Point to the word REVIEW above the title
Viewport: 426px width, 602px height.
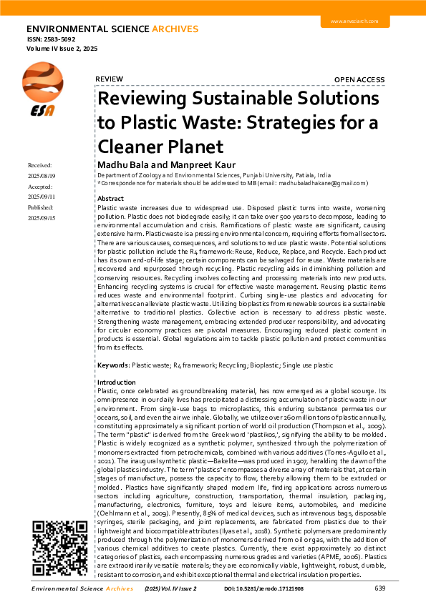click(x=109, y=79)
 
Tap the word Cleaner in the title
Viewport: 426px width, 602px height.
click(x=132, y=147)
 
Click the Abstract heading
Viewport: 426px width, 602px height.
click(x=110, y=198)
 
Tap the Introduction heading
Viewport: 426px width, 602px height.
click(x=116, y=383)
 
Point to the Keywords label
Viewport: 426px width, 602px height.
click(x=113, y=365)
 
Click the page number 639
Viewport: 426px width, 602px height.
click(x=379, y=588)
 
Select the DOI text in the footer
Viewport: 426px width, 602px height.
click(x=265, y=588)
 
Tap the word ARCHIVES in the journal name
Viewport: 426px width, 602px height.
click(x=174, y=29)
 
